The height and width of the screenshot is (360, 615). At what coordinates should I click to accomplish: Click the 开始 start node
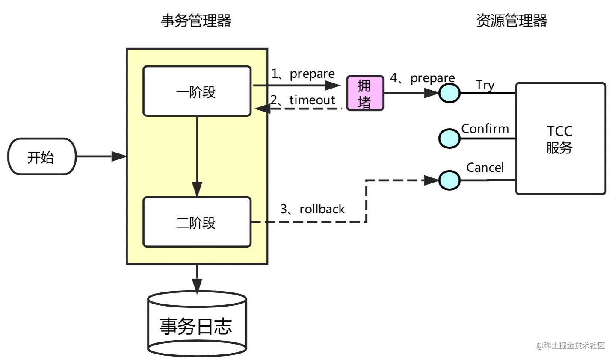pos(42,156)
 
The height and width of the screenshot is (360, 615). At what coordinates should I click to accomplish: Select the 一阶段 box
pos(197,91)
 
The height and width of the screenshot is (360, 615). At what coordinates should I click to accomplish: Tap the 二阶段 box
pos(197,222)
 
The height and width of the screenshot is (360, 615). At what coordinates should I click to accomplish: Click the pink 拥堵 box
pos(365,93)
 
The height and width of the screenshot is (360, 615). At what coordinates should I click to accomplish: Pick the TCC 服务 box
pos(561,139)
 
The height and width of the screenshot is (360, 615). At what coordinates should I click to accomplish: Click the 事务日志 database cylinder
pos(197,324)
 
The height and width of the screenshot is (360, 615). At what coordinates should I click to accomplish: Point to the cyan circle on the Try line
pos(449,93)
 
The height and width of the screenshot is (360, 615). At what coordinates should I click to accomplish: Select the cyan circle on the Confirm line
pos(449,139)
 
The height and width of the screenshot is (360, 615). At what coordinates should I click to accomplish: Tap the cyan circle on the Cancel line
pos(449,180)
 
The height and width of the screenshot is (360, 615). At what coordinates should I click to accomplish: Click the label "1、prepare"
pos(303,74)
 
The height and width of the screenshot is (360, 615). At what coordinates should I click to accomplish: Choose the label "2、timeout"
pos(302,100)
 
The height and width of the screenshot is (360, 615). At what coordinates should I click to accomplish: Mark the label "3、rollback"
pos(313,209)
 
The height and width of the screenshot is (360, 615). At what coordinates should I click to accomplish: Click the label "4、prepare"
pos(423,78)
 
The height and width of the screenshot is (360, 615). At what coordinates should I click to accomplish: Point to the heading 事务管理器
pos(196,21)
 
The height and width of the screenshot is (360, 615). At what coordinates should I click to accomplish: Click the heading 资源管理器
pos(512,21)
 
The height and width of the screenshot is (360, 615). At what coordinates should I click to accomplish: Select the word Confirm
pos(485,128)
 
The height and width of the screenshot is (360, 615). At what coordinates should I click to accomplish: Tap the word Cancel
pos(485,167)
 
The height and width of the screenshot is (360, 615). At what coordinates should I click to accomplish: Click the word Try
pos(485,86)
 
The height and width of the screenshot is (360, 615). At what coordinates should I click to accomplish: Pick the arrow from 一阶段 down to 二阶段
pos(197,156)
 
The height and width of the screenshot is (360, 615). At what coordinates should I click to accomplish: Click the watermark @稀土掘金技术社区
pos(571,346)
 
